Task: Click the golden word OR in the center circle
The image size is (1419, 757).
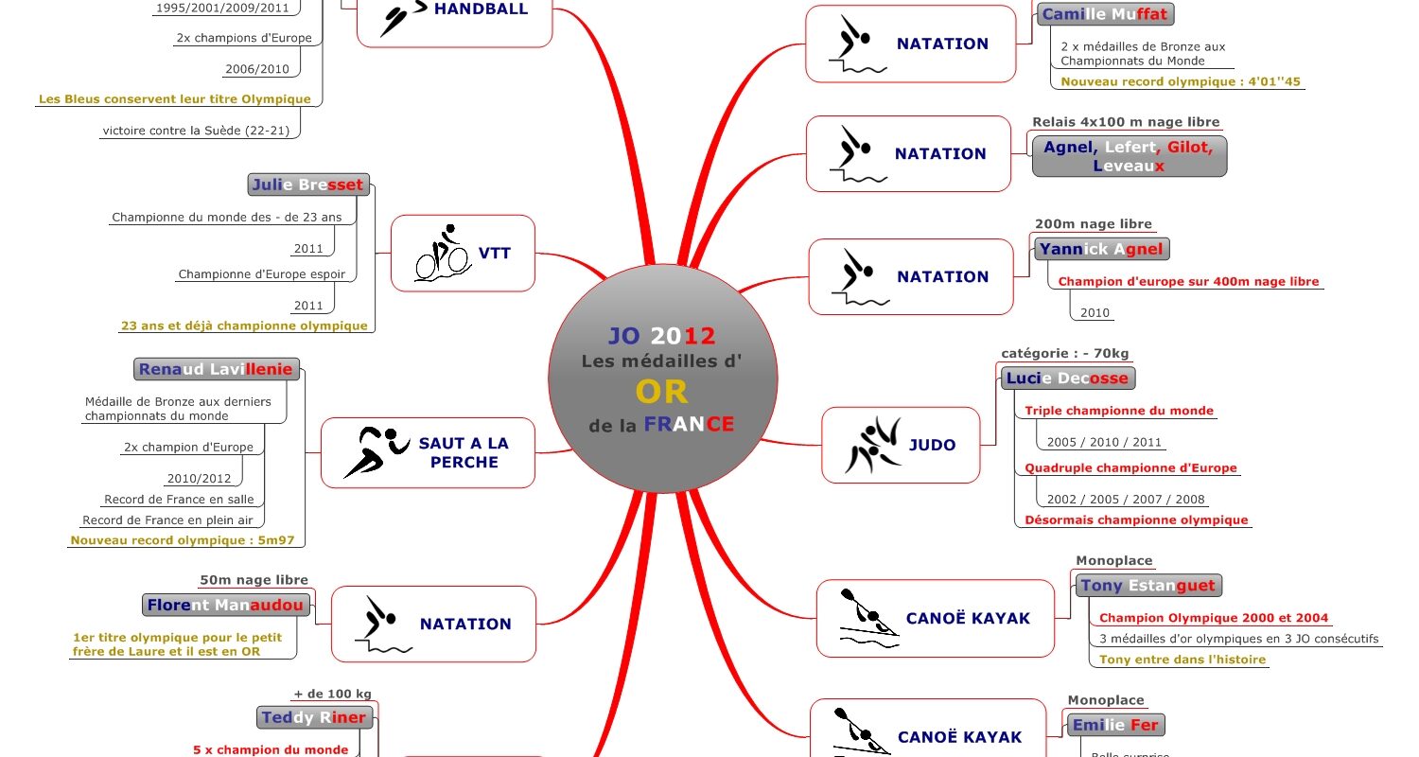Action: [x=661, y=391]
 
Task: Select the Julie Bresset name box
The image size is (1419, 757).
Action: [x=308, y=185]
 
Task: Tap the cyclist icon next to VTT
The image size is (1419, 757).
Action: [x=443, y=254]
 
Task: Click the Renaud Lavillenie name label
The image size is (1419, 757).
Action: [x=217, y=369]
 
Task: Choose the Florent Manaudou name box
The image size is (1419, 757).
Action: [x=225, y=605]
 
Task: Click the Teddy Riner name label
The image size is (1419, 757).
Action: [x=313, y=717]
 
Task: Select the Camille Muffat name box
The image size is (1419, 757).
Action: [x=1105, y=14]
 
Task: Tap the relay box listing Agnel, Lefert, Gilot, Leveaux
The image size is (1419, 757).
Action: [x=1129, y=156]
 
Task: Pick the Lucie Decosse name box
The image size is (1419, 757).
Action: [x=1067, y=378]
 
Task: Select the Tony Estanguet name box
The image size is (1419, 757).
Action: [x=1147, y=586]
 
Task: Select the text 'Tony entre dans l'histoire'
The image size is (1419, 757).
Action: [x=1182, y=660]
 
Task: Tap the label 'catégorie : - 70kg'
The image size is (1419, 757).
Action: [x=1064, y=354]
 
